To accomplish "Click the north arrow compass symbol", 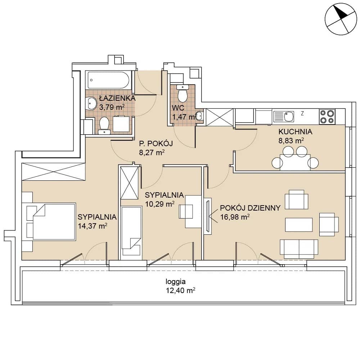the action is (x=341, y=19).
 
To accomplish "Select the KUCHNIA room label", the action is (x=295, y=132).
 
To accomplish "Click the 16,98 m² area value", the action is (x=235, y=217).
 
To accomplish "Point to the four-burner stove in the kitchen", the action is (x=327, y=117).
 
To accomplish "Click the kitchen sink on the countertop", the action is (x=284, y=117).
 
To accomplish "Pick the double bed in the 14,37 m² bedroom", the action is (x=54, y=221).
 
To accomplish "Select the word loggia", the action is (x=176, y=282).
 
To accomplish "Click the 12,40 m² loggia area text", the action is (x=180, y=291).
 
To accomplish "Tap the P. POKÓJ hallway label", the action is (x=156, y=144).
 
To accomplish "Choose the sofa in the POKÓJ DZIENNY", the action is (x=299, y=249).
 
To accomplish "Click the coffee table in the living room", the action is (x=299, y=225).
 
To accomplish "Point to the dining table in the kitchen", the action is (x=295, y=162).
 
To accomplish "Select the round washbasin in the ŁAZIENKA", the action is (x=91, y=104).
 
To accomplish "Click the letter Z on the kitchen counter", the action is (x=302, y=113).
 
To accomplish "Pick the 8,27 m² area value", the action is (x=152, y=152).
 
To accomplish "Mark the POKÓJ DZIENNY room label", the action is (x=250, y=208).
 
